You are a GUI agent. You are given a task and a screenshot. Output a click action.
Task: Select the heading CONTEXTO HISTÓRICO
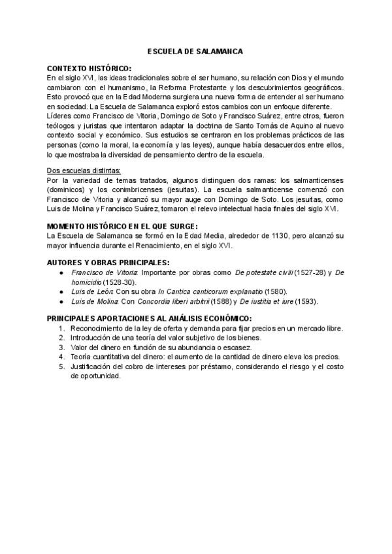pos(89,69)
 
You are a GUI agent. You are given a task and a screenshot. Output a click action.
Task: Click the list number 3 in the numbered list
pos(61,347)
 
